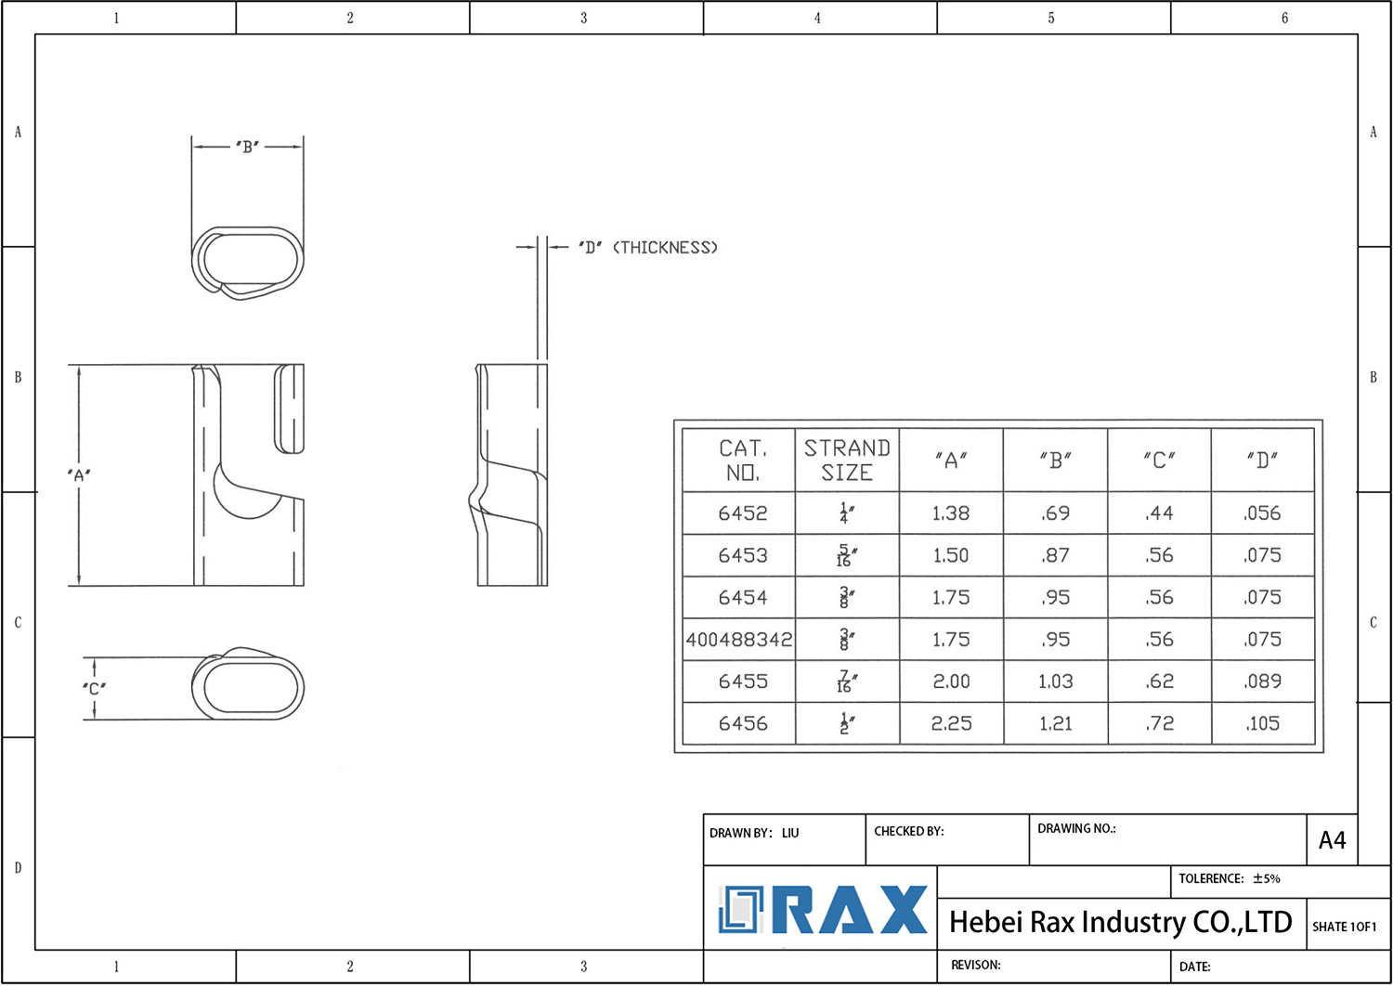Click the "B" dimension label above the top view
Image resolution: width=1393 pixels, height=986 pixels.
coord(247,147)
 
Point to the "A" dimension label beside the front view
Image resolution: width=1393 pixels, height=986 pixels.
coord(79,475)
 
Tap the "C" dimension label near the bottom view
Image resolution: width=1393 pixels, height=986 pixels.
coord(94,688)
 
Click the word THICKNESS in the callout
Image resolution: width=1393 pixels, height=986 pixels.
coord(665,248)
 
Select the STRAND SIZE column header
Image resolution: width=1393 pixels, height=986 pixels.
coord(847,461)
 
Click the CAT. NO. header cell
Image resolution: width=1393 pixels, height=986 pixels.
coord(743,461)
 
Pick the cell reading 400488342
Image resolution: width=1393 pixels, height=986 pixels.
coord(739,639)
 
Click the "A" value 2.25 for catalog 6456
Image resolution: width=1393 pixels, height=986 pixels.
coord(951,723)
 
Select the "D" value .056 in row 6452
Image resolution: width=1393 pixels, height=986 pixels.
coord(1262,512)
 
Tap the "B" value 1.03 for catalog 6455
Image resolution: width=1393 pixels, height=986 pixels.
coord(1055,681)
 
